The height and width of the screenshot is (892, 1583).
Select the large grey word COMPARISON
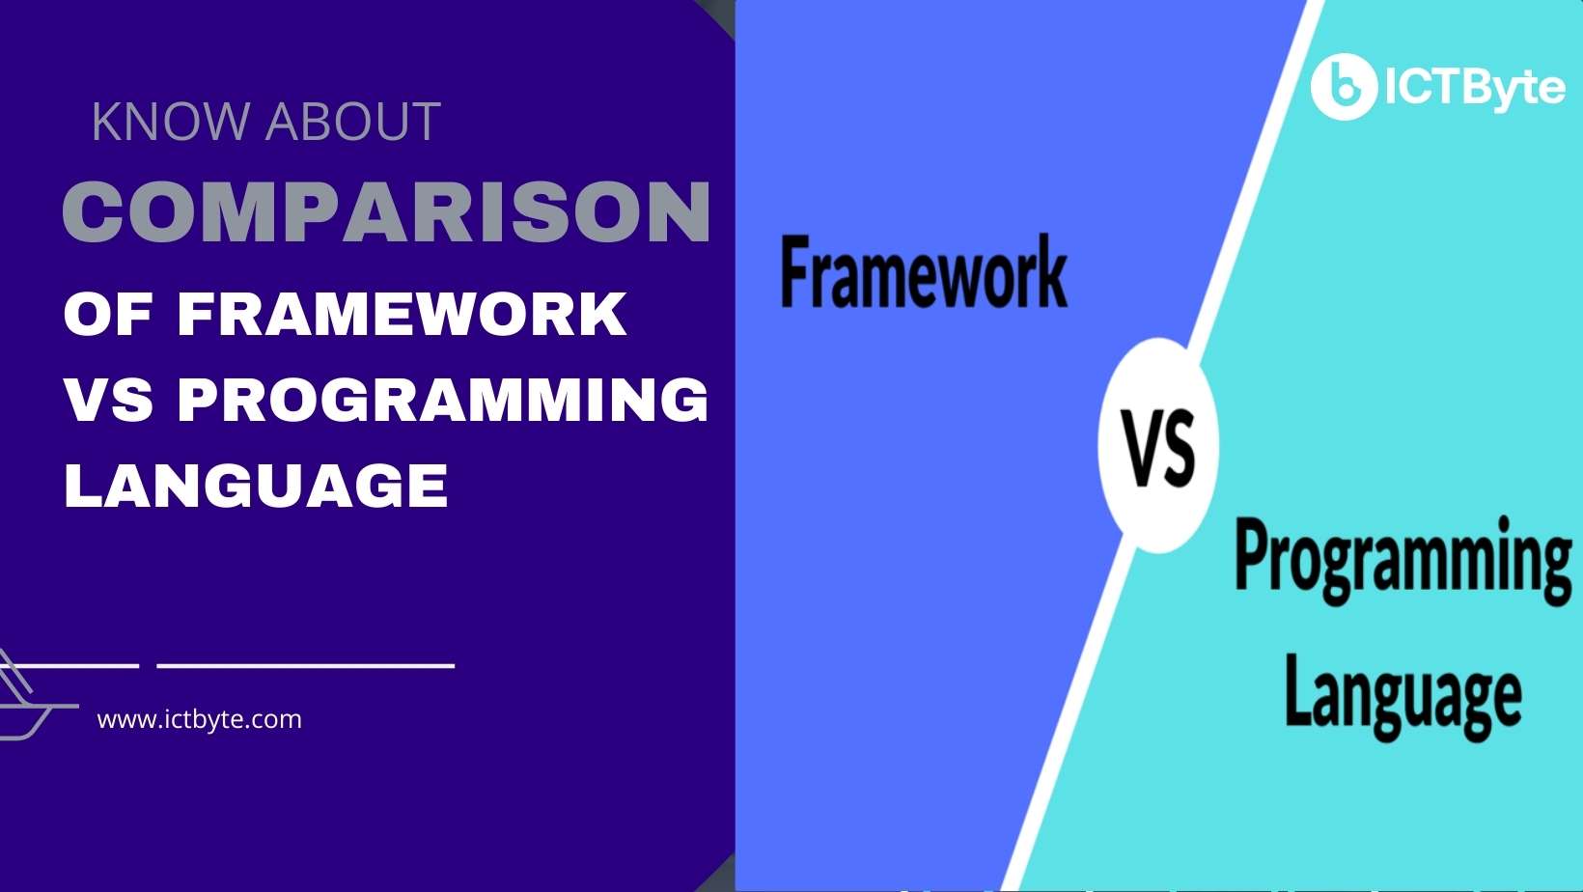[387, 211]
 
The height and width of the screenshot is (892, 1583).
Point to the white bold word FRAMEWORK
[403, 315]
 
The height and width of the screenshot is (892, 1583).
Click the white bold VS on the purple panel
[108, 399]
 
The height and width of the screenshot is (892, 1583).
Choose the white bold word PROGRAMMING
[444, 399]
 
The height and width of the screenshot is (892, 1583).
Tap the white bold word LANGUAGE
[256, 485]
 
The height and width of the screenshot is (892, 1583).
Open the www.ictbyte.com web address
[200, 719]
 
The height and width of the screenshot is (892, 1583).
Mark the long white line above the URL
[305, 665]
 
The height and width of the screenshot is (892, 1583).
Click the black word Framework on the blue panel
[924, 273]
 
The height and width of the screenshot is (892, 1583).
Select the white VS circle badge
[1158, 446]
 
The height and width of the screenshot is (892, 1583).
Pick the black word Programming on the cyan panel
[1402, 560]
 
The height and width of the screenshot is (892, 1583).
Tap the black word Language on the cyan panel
[1402, 695]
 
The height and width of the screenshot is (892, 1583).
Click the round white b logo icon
[1343, 87]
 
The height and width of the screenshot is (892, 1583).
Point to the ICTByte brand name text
[1474, 88]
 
